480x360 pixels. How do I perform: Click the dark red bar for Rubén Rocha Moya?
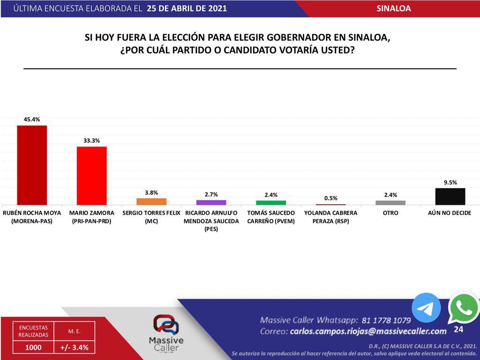(32, 165)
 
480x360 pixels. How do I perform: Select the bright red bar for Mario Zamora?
(92, 175)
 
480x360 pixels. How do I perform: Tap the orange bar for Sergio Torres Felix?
(151, 201)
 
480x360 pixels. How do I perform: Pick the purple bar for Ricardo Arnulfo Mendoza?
(211, 202)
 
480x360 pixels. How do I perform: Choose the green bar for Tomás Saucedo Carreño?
(271, 202)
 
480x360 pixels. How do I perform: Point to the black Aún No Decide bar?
(450, 196)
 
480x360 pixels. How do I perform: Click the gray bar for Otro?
(390, 202)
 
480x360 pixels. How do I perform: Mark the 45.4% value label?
(32, 120)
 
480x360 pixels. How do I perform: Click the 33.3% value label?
(92, 141)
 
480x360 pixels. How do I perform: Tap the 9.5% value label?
(450, 182)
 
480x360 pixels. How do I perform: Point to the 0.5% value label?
(330, 198)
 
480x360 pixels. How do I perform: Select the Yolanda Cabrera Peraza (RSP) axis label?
(330, 217)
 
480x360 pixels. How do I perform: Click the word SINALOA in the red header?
(393, 8)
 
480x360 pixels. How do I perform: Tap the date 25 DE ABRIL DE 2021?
(187, 8)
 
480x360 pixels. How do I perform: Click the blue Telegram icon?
(426, 308)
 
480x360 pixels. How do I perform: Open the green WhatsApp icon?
(463, 307)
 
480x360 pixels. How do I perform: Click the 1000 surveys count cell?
(33, 347)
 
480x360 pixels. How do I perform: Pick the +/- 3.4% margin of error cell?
(74, 347)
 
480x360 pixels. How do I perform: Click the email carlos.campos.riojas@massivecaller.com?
(368, 331)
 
